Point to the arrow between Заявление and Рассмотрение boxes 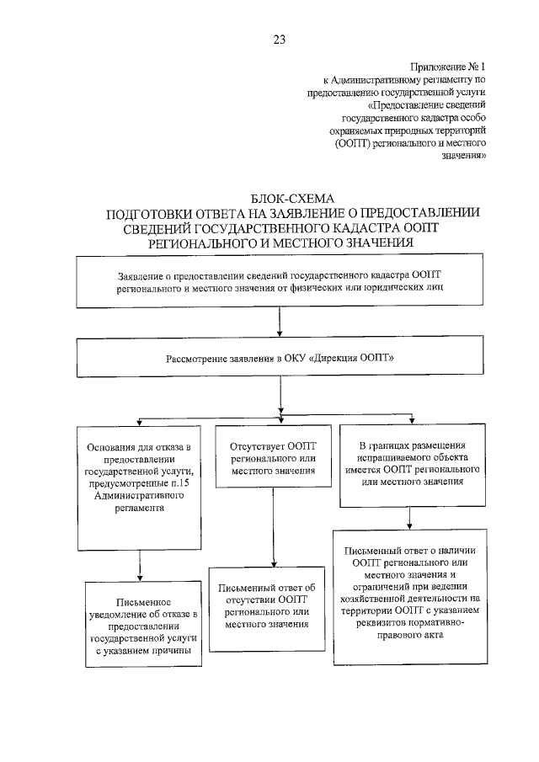click(x=279, y=323)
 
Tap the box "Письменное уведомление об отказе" click(x=144, y=626)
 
